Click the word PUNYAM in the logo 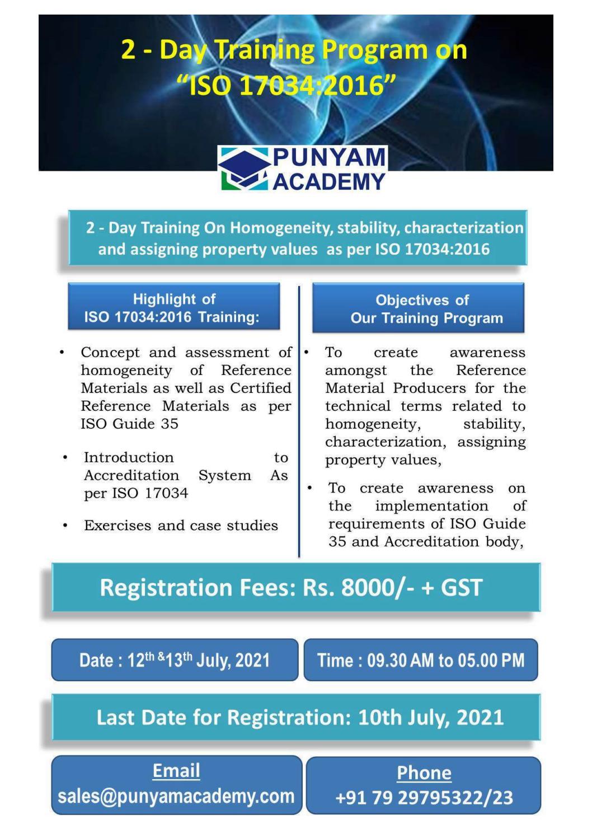point(329,157)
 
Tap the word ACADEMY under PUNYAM point(329,181)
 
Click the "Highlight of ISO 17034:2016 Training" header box point(173,307)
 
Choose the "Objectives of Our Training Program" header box point(418,308)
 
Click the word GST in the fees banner point(461,588)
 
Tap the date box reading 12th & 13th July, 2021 point(175,660)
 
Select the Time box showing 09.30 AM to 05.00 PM point(421,660)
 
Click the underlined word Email point(176,771)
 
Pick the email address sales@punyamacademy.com point(176,796)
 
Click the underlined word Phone point(424,773)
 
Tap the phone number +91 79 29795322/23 point(424,798)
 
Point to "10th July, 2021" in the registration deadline point(430,718)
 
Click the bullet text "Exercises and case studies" point(181,526)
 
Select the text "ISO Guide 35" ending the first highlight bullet point(129,424)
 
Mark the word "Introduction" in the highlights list point(129,457)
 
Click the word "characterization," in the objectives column point(386,442)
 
